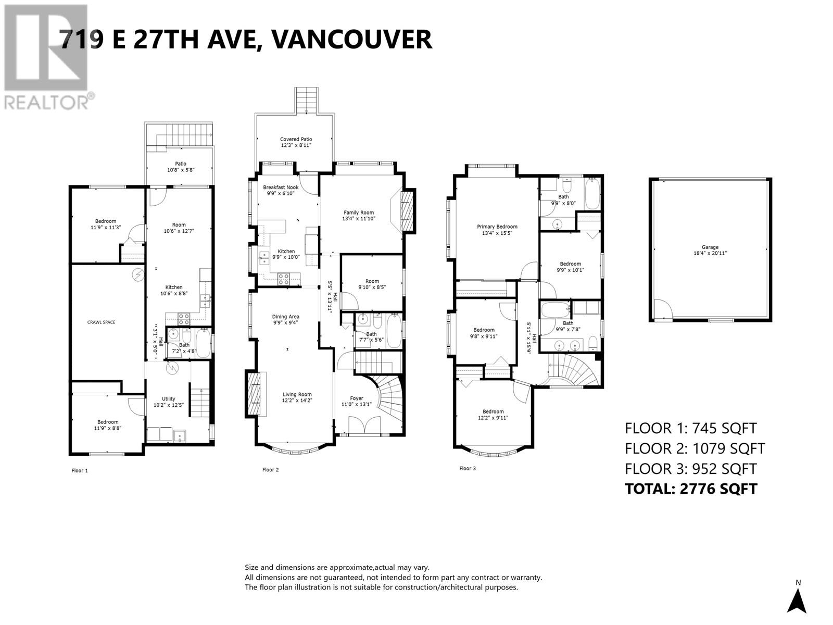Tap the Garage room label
click(710, 247)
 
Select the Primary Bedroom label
click(497, 227)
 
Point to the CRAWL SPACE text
click(102, 322)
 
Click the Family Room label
click(359, 213)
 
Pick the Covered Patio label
click(296, 139)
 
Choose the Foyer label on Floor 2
click(356, 398)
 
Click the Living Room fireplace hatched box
click(253, 394)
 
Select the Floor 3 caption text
click(467, 468)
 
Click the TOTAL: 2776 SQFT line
click(691, 489)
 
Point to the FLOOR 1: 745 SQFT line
click(690, 429)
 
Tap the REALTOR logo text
click(47, 102)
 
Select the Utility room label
click(169, 399)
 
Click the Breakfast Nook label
click(281, 187)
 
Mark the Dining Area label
click(285, 317)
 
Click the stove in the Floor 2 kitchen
click(284, 279)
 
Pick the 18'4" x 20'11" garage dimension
click(710, 253)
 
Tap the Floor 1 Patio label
click(181, 164)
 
